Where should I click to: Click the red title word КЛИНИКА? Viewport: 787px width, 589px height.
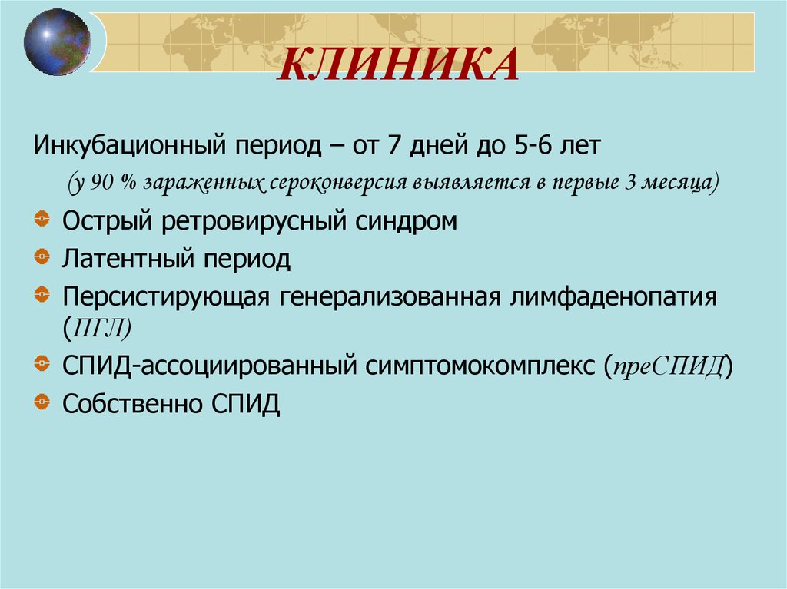398,65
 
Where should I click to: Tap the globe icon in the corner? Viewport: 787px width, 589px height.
57,42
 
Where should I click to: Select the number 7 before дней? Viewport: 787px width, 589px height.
394,144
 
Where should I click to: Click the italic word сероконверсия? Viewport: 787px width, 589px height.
338,183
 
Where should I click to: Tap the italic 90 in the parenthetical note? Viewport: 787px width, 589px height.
103,183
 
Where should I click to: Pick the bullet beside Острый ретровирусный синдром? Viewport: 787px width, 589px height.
42,219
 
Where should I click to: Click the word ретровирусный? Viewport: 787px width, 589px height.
254,221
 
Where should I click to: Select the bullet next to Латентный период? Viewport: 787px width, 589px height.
42,256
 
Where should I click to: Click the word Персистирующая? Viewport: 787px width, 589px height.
166,297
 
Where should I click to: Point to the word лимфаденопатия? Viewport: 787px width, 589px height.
614,297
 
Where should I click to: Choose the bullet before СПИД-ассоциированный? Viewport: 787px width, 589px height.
42,362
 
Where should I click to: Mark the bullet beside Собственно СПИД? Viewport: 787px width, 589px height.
42,401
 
